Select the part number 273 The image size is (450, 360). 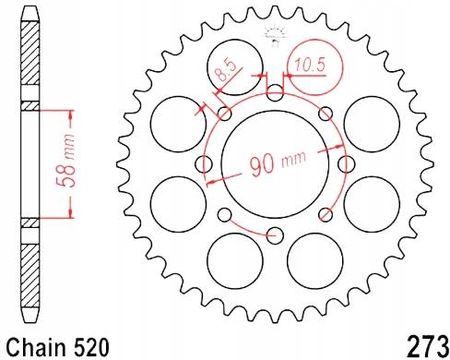click(425, 341)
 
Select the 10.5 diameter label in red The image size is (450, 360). click(306, 67)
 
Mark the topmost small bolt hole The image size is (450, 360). click(276, 94)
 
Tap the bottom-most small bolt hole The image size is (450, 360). click(276, 234)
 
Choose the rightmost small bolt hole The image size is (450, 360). click(346, 164)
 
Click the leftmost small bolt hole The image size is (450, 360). click(206, 164)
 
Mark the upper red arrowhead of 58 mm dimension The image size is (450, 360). click(70, 108)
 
